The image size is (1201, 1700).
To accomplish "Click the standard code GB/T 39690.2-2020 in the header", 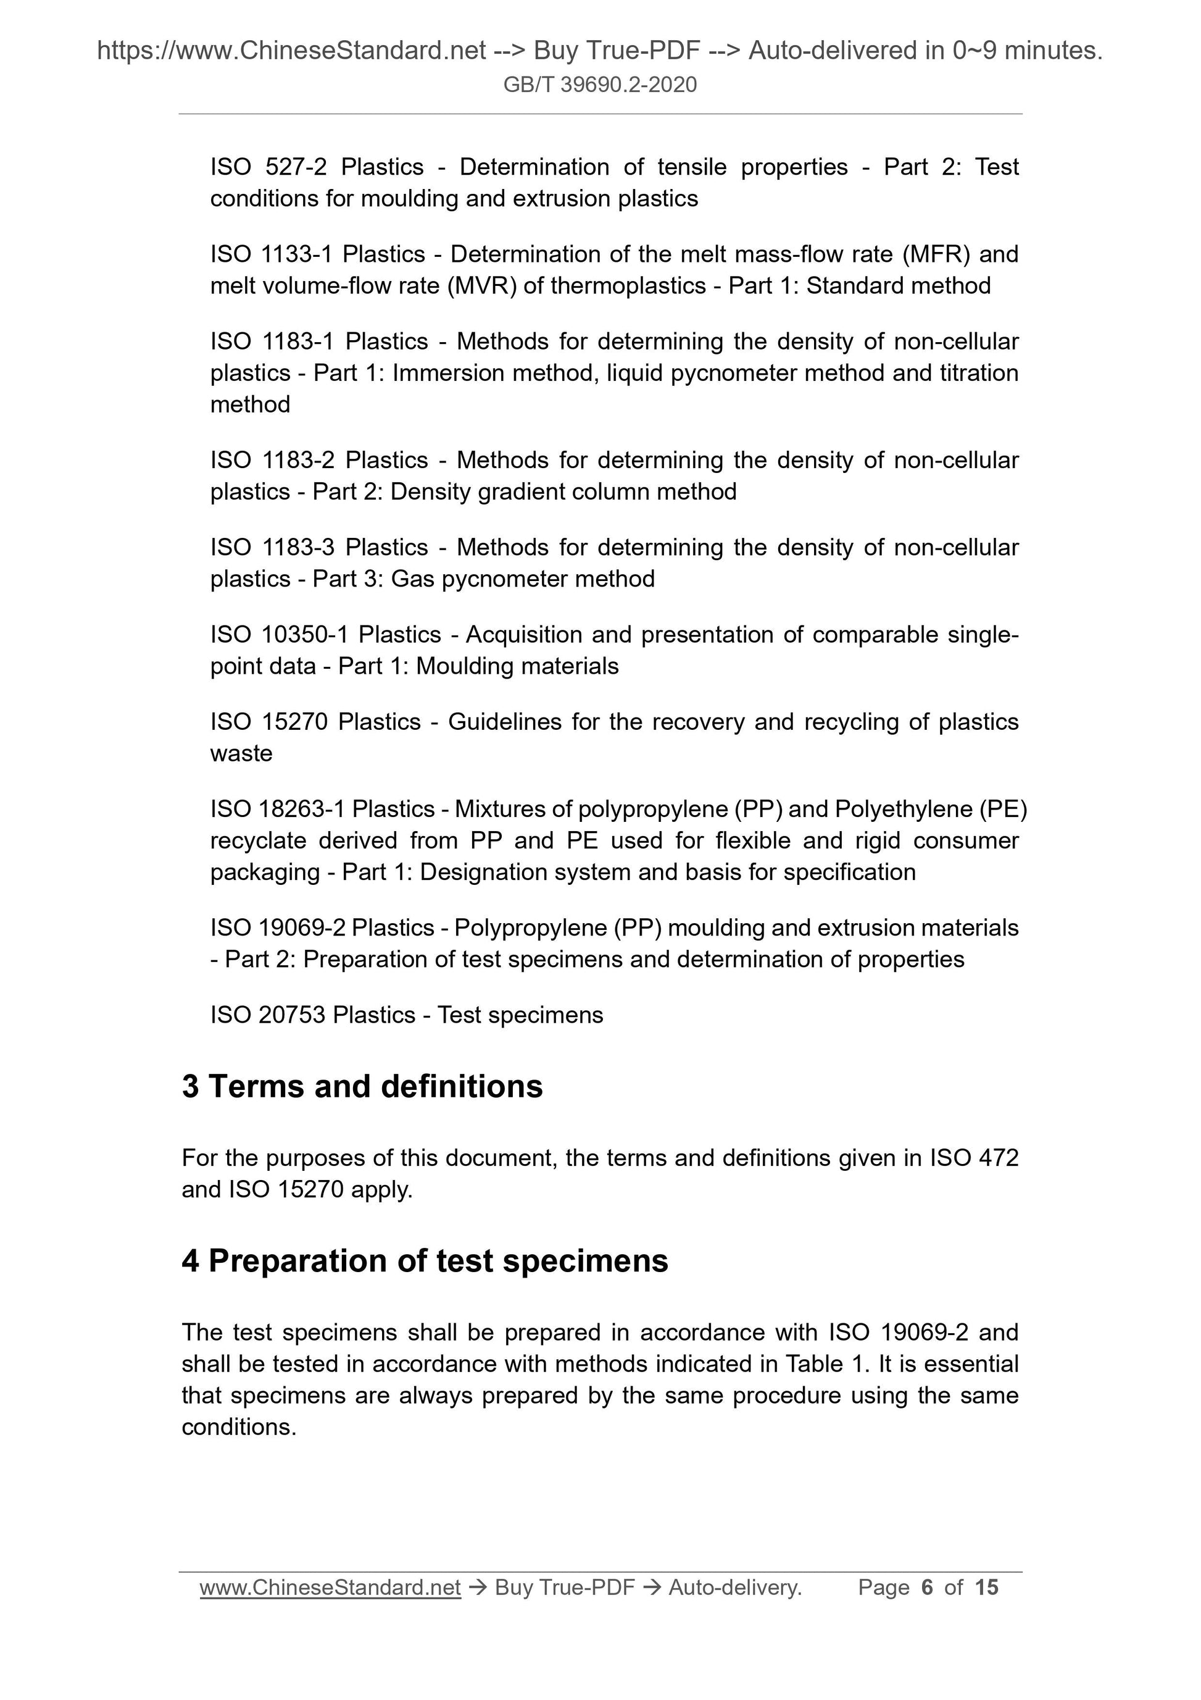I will (x=599, y=85).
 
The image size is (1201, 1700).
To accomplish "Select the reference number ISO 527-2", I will (x=268, y=167).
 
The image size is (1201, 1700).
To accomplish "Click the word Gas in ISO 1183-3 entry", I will (x=412, y=578).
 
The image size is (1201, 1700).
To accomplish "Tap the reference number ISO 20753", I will (x=268, y=1015).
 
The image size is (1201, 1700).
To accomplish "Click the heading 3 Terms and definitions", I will (x=362, y=1086).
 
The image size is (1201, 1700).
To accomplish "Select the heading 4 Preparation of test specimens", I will (x=425, y=1260).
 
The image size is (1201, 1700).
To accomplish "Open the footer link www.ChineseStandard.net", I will (x=330, y=1588).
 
